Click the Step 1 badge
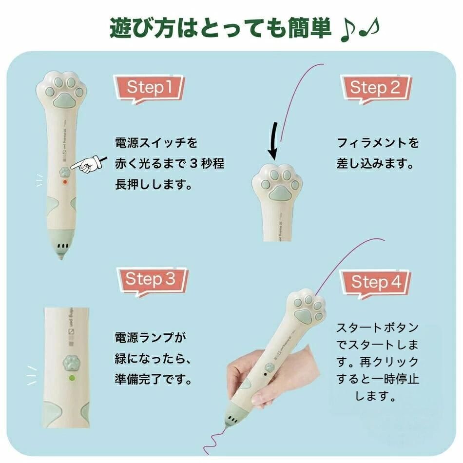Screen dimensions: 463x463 coord(149,89)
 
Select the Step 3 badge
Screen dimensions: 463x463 coord(153,281)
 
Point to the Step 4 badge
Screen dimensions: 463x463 coord(376,283)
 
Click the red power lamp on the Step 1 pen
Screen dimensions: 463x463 coord(65,182)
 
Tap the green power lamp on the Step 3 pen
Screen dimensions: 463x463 coord(72,378)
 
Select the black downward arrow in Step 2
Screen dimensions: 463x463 coord(273,141)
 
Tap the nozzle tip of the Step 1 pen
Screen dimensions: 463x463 coord(61,257)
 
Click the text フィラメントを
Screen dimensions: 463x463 coord(378,143)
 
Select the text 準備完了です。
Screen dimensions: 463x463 coord(154,379)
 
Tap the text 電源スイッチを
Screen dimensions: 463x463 coord(156,143)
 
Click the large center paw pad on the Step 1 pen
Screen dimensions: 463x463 coord(64,100)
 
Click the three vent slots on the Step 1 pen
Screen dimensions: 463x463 coord(62,246)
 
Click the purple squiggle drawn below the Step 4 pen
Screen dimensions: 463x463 coord(215,440)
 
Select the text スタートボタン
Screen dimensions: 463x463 coord(378,328)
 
